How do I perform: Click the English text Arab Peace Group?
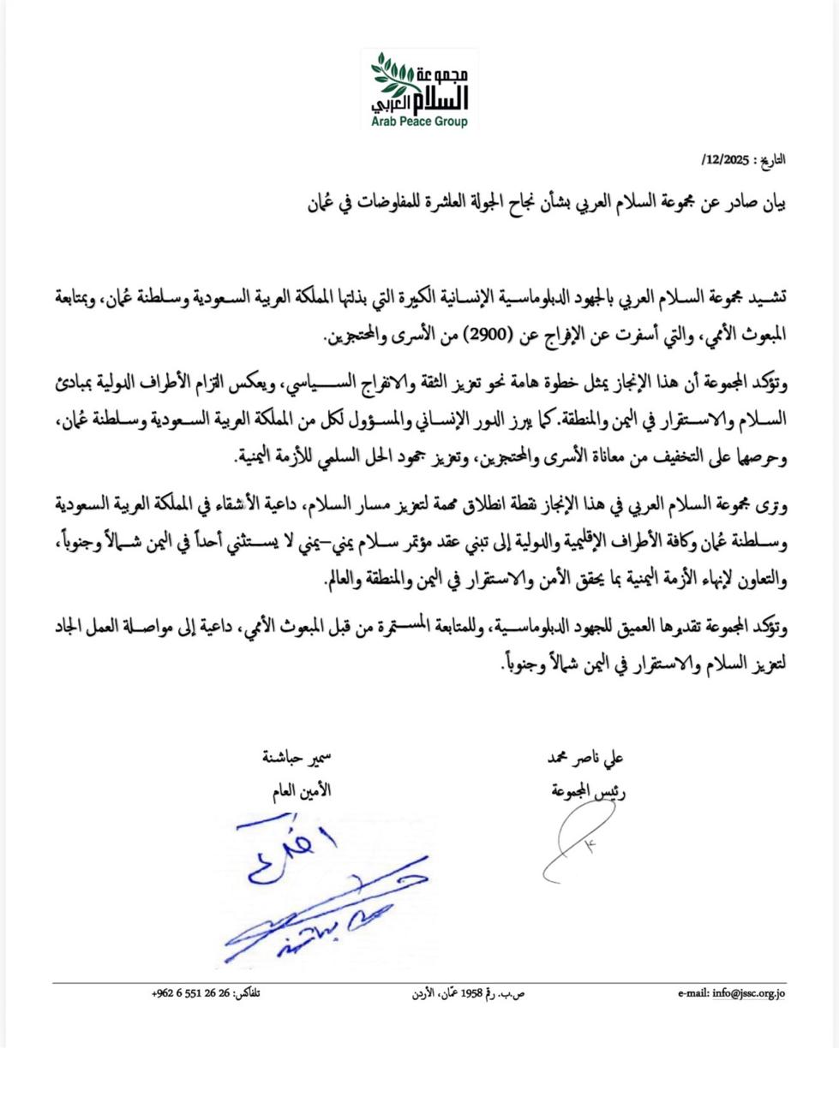point(420,122)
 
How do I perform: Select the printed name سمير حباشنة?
point(296,759)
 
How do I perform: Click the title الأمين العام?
point(297,791)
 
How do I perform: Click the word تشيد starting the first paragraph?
point(767,295)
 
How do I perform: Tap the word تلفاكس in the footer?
point(248,993)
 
